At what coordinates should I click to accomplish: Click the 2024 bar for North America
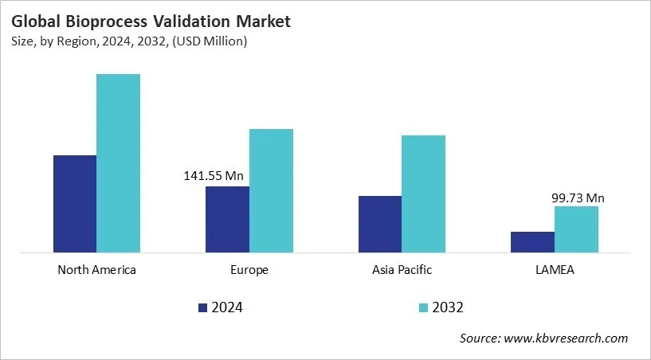(x=75, y=204)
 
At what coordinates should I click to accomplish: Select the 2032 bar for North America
(x=118, y=163)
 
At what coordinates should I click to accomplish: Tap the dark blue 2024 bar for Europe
(x=227, y=220)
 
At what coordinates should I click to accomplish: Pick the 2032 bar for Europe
(x=271, y=191)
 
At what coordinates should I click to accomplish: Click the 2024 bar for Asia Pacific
(x=380, y=225)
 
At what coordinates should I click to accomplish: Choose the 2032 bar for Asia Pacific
(x=423, y=194)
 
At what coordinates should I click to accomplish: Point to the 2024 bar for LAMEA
(x=532, y=243)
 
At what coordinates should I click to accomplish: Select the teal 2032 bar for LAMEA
(x=576, y=229)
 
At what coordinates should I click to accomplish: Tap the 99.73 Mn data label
(x=578, y=198)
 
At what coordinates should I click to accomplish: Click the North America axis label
(x=96, y=270)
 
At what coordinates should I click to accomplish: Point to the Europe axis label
(x=249, y=270)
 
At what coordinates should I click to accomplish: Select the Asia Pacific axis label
(x=402, y=270)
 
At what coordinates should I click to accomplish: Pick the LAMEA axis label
(x=555, y=270)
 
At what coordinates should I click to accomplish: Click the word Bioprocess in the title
(x=107, y=22)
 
